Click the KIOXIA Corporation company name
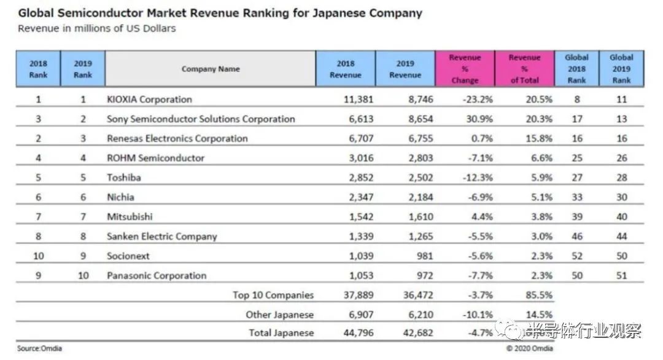(x=149, y=100)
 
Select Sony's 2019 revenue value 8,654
(x=419, y=119)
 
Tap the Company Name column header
(x=211, y=69)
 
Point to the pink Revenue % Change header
(x=465, y=69)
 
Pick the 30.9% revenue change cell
(x=479, y=119)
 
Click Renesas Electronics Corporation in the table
(x=177, y=139)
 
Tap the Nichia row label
(x=120, y=198)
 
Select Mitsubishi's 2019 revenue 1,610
(x=419, y=217)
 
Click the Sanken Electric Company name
(x=162, y=237)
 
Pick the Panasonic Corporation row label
(x=157, y=276)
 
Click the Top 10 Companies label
(x=273, y=295)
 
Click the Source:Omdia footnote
(x=39, y=349)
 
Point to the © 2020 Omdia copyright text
(x=529, y=349)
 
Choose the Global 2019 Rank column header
(x=621, y=69)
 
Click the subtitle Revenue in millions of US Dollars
(x=97, y=29)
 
